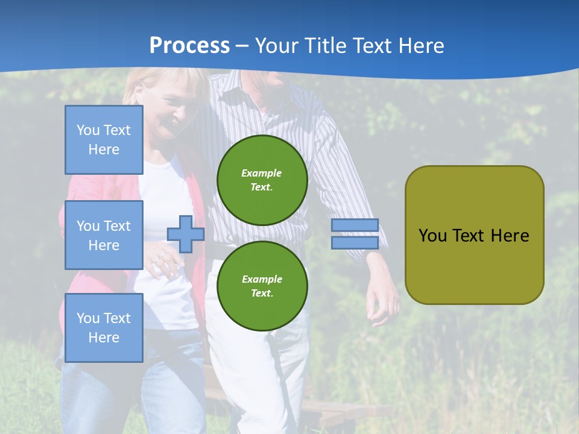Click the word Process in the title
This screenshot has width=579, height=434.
pyautogui.click(x=189, y=45)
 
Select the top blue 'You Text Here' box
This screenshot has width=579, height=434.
pyautogui.click(x=104, y=140)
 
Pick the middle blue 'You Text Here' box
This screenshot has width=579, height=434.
pyautogui.click(x=104, y=235)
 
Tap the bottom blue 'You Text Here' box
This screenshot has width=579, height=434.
pyautogui.click(x=104, y=327)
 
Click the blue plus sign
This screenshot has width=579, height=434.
pyautogui.click(x=186, y=234)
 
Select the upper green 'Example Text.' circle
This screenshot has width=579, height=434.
pyautogui.click(x=262, y=180)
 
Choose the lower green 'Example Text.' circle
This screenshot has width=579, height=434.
pyautogui.click(x=262, y=286)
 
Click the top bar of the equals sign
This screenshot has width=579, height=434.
pyautogui.click(x=355, y=225)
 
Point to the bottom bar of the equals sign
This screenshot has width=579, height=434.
pyautogui.click(x=355, y=242)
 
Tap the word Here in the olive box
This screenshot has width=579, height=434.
pyautogui.click(x=510, y=236)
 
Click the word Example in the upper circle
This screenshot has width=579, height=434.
pyautogui.click(x=262, y=173)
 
